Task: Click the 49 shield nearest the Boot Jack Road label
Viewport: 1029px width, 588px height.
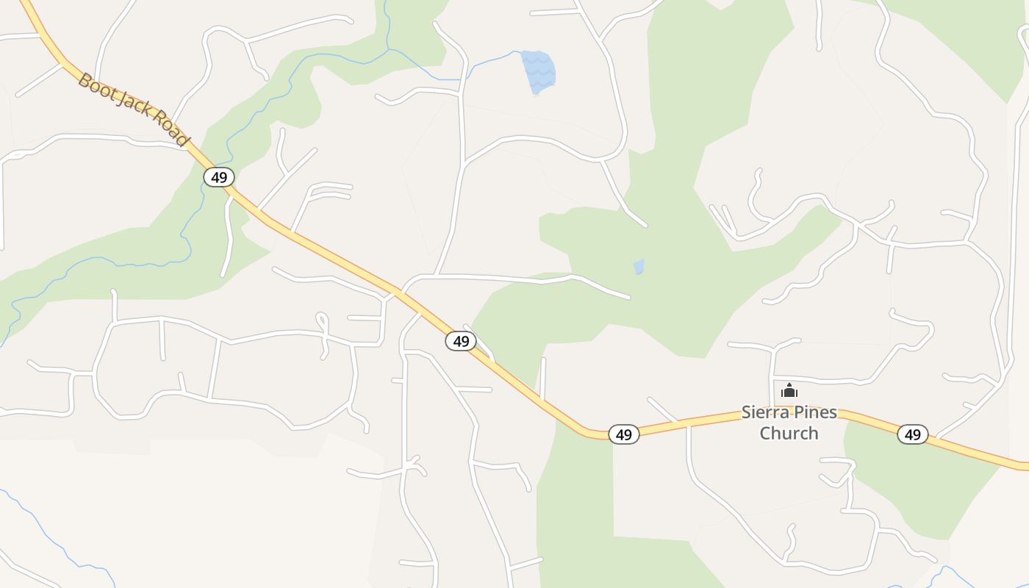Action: tap(218, 177)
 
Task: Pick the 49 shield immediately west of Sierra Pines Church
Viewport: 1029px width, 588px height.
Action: tap(623, 434)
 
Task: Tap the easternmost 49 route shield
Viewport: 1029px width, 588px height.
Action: tap(912, 434)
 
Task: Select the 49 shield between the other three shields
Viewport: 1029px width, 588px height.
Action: tap(461, 341)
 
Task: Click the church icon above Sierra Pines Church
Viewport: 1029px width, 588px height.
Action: tap(789, 390)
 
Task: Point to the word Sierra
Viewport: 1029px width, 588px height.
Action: tap(767, 412)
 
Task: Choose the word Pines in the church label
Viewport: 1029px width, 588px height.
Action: tap(817, 412)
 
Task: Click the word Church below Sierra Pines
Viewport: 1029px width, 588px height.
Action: tap(789, 433)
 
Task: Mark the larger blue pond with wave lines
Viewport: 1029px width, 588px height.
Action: tap(539, 72)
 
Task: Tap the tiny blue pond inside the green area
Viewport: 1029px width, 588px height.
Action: tap(639, 267)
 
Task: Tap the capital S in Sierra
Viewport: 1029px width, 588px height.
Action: tap(746, 412)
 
